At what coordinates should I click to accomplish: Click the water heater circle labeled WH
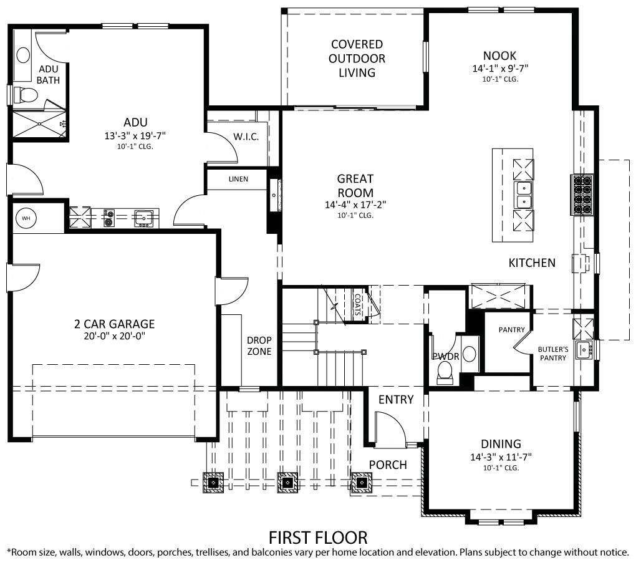coord(26,218)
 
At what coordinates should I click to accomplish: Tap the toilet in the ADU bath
coord(27,95)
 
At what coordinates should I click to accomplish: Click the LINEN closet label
coord(238,180)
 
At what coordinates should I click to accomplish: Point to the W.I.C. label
coord(246,137)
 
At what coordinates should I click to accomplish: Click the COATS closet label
coord(358,306)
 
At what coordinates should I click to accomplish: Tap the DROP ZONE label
coord(259,346)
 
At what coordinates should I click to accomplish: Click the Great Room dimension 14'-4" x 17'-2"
coord(355,205)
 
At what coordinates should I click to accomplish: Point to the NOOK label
coord(499,56)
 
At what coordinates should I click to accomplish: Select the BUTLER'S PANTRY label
coord(553,354)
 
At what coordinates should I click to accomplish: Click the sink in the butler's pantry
coord(584,349)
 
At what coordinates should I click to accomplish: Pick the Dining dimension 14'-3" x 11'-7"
coord(501,456)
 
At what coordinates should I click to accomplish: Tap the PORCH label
coord(388,465)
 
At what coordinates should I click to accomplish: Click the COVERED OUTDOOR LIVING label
coord(357,59)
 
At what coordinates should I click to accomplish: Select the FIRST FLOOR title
coord(318,537)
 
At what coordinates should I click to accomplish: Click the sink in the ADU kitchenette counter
coord(143,218)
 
